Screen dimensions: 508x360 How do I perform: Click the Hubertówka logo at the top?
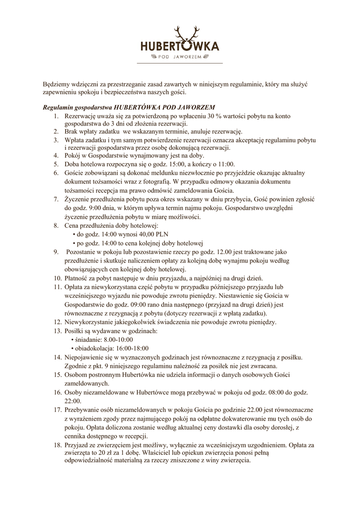(x=180, y=46)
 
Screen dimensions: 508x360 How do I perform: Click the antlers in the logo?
(x=189, y=34)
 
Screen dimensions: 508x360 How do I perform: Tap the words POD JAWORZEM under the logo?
(x=180, y=57)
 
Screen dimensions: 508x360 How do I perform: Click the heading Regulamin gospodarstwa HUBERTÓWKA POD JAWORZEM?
(x=129, y=107)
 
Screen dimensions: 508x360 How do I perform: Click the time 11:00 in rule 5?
(x=226, y=163)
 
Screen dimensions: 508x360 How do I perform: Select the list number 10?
(x=56, y=278)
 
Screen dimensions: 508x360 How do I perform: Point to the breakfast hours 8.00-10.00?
(x=121, y=339)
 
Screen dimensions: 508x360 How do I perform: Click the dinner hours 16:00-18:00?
(x=134, y=348)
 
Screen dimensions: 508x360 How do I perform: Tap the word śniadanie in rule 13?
(x=87, y=339)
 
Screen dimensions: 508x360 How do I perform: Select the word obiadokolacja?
(x=94, y=348)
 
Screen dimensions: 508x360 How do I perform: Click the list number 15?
(x=56, y=375)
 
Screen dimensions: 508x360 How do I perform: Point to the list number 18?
(x=56, y=445)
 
